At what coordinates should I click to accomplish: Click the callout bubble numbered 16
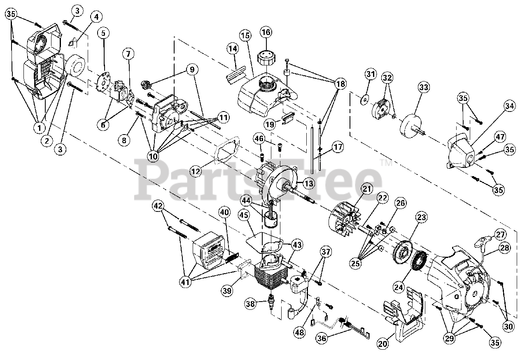click(266, 32)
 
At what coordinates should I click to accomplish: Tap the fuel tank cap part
click(266, 57)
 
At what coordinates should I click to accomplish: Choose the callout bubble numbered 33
click(424, 87)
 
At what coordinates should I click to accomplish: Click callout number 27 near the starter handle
click(500, 235)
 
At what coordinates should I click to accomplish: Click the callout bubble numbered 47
click(500, 137)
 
